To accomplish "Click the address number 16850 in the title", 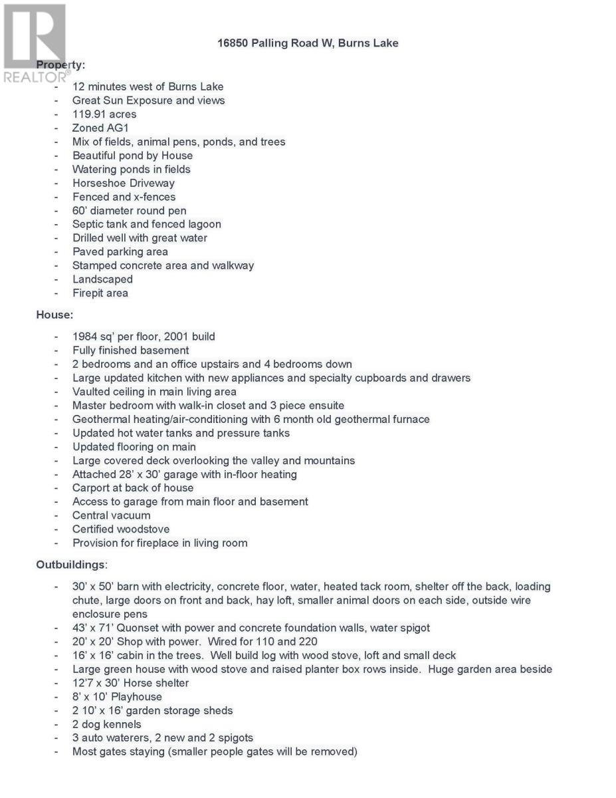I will (233, 43).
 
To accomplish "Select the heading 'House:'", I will (54, 315).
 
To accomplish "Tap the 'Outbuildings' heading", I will (70, 565).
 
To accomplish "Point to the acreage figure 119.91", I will (90, 114).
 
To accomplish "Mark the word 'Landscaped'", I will (102, 279).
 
